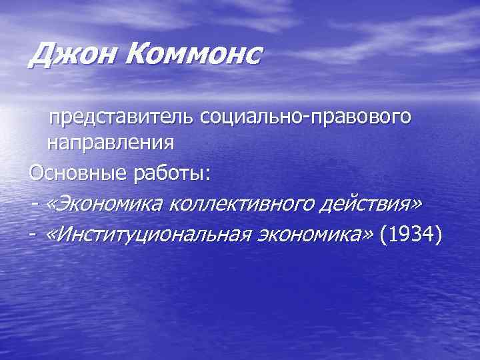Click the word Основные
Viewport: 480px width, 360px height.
coord(69,173)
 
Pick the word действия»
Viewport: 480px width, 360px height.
coord(377,203)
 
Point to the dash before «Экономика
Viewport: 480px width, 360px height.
coord(33,205)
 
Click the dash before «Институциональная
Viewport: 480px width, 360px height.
coord(33,235)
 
